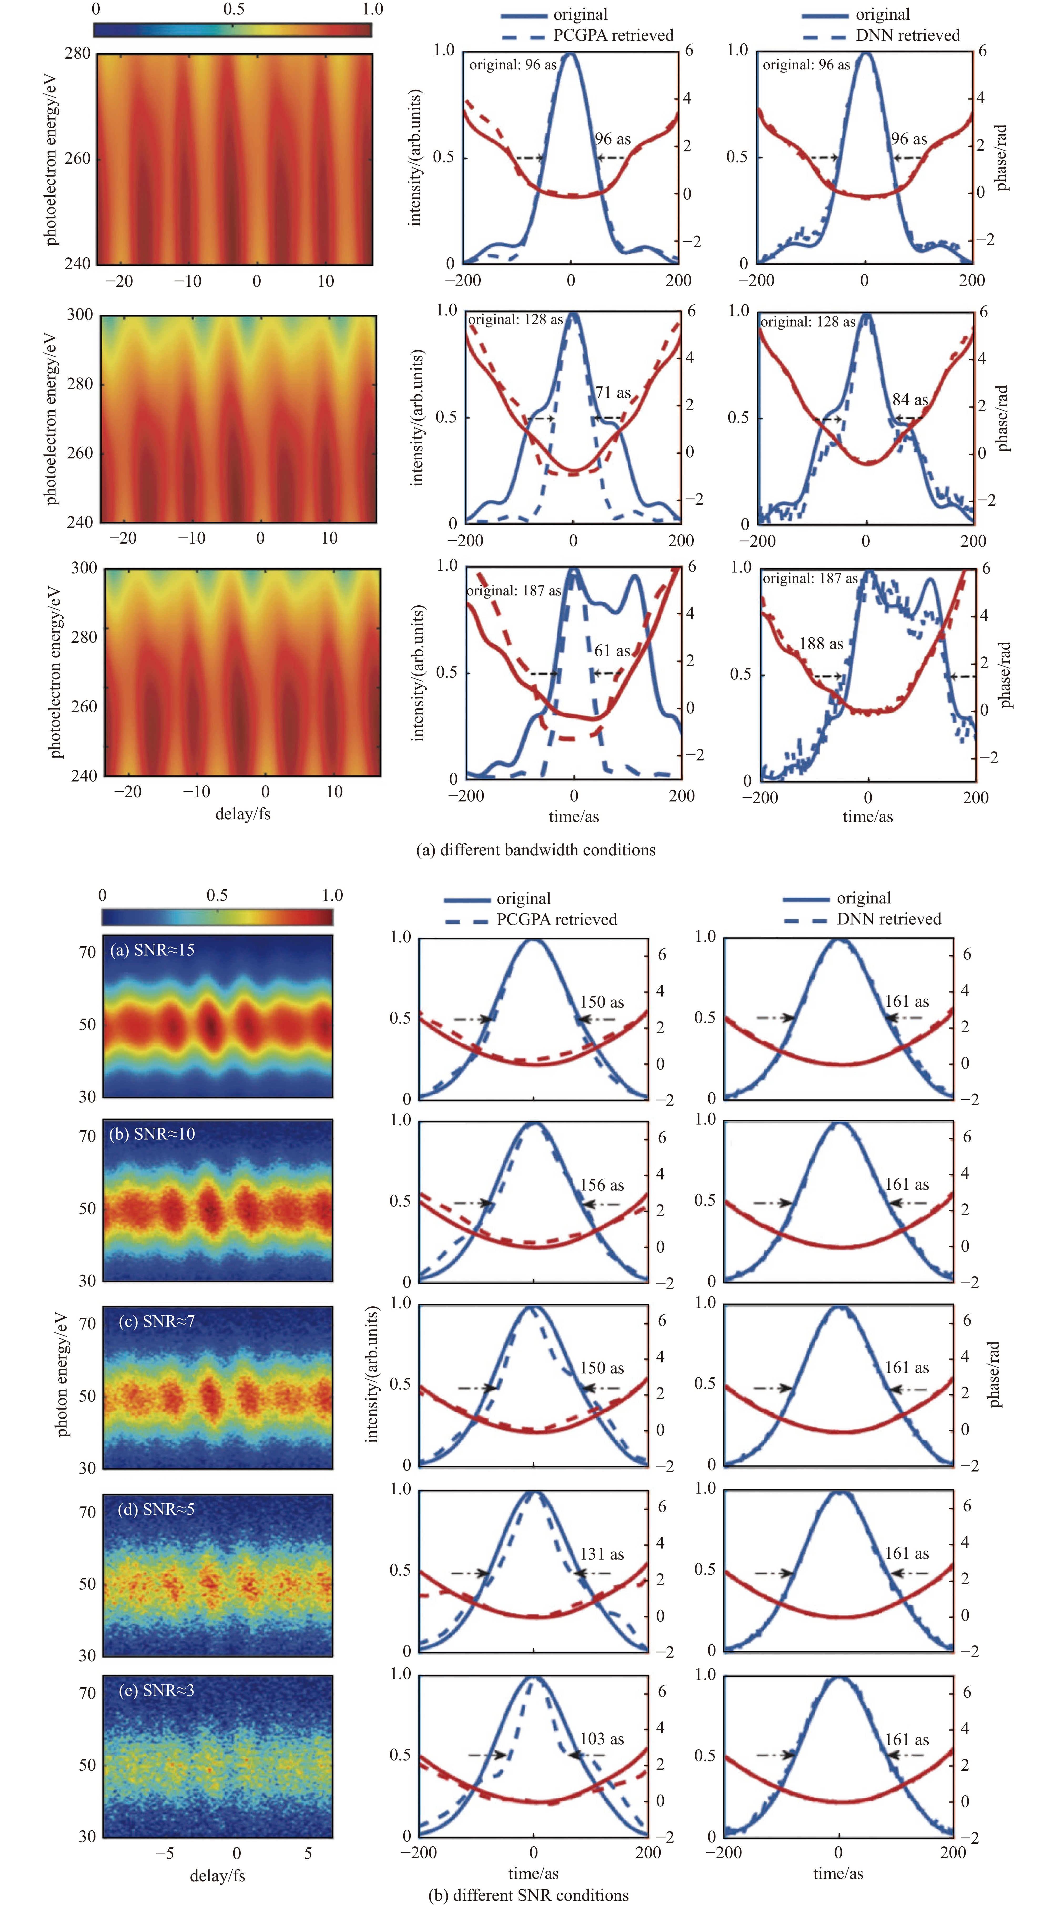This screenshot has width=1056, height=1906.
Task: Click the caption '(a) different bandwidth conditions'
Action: pyautogui.click(x=536, y=849)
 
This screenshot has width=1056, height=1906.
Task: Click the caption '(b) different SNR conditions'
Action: pyautogui.click(x=528, y=1894)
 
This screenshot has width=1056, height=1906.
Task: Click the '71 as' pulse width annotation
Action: pyautogui.click(x=613, y=393)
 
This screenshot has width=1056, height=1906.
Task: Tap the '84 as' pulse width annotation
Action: pyautogui.click(x=910, y=400)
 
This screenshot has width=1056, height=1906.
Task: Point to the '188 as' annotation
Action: pyautogui.click(x=821, y=644)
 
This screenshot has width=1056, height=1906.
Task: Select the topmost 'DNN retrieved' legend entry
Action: pyautogui.click(x=907, y=35)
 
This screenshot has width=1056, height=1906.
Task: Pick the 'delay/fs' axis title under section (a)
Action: pyautogui.click(x=243, y=814)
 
